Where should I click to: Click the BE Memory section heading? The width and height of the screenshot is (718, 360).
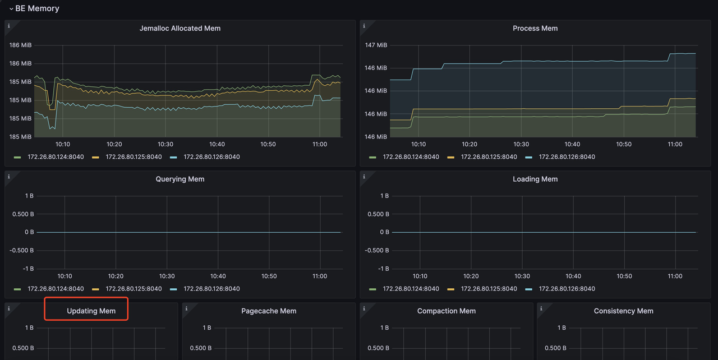37,8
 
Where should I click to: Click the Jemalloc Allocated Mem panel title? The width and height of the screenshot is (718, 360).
180,28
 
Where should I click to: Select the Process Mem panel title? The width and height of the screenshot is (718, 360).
535,28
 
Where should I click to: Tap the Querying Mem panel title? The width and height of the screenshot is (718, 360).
180,179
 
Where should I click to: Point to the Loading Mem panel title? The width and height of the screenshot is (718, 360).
535,179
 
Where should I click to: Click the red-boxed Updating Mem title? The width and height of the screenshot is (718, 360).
91,311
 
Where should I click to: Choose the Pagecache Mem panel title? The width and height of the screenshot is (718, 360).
269,311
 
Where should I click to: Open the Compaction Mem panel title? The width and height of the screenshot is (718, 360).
446,311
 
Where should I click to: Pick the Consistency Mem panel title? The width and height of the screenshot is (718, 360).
623,311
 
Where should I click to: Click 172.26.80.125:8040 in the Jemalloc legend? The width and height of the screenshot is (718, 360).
134,157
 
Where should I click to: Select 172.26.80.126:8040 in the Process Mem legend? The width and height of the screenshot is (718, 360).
567,157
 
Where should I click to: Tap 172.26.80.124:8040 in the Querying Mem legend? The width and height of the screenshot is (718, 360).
56,289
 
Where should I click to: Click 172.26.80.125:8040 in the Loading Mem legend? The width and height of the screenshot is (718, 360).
489,289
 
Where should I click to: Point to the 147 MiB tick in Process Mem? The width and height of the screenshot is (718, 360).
376,45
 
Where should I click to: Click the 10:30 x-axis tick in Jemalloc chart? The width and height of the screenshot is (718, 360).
165,144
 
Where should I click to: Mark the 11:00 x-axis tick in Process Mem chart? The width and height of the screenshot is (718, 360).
675,144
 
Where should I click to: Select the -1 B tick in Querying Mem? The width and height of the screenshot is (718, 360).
26,269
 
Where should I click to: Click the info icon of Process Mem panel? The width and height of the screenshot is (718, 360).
364,26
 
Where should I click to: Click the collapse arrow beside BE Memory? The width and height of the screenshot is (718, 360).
11,9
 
